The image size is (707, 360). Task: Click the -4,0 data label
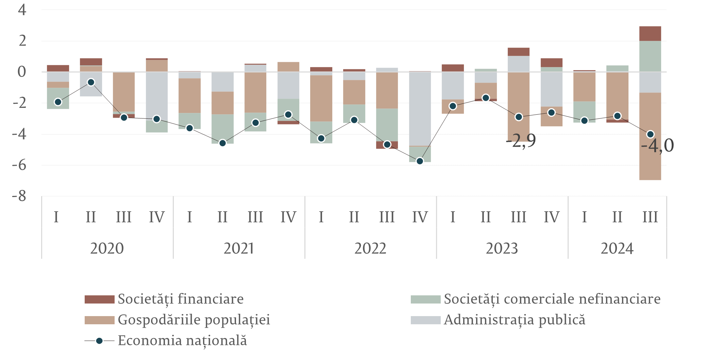[657, 146]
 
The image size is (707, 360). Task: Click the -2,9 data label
[521, 141]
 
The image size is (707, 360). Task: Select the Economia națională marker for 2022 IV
[420, 161]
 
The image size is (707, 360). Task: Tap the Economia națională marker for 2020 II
[91, 82]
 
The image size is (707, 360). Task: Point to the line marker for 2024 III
[650, 134]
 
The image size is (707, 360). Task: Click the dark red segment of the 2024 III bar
[650, 34]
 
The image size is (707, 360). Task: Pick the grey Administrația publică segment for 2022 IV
[420, 109]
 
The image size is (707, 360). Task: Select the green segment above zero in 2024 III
[650, 56]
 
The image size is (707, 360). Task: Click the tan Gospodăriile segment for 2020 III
[124, 92]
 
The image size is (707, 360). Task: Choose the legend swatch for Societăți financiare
[99, 299]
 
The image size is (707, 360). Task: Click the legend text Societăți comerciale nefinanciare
[552, 299]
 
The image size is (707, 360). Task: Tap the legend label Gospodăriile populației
[194, 320]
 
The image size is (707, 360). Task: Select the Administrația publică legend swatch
[425, 320]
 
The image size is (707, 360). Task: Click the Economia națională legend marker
[99, 341]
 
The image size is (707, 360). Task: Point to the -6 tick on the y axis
[20, 165]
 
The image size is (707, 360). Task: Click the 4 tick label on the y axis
[22, 10]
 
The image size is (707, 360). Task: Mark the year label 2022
[370, 249]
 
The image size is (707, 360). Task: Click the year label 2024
[617, 249]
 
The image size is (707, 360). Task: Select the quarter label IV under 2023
[551, 217]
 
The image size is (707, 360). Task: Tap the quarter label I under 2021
[189, 217]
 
